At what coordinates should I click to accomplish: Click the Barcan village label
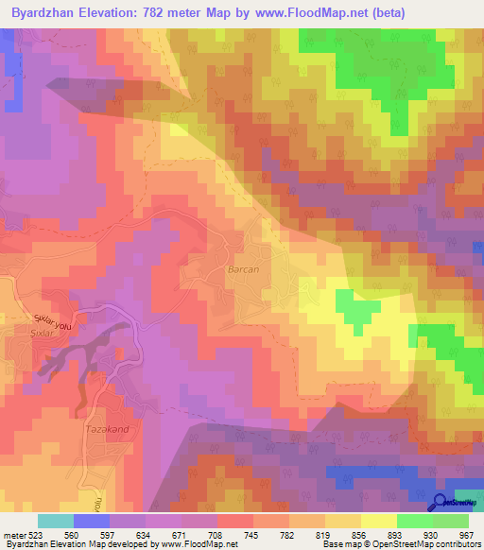click(x=244, y=269)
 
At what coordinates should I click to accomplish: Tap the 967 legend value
click(x=464, y=536)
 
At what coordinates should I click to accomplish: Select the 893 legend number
click(x=394, y=536)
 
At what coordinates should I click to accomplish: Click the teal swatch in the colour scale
click(x=56, y=521)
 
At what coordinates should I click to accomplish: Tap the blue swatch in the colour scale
click(x=92, y=521)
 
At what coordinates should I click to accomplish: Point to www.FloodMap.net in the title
click(x=317, y=13)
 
